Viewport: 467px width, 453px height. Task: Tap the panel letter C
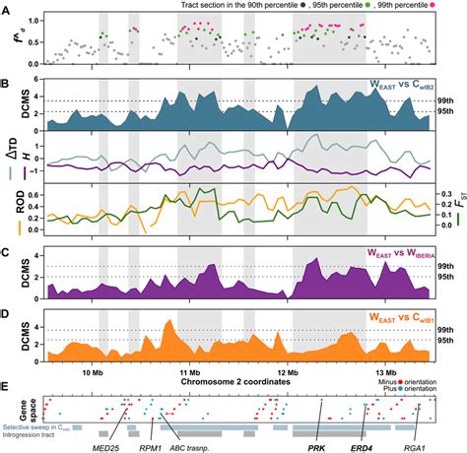(x=7, y=249)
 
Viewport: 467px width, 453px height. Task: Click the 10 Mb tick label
(x=93, y=346)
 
